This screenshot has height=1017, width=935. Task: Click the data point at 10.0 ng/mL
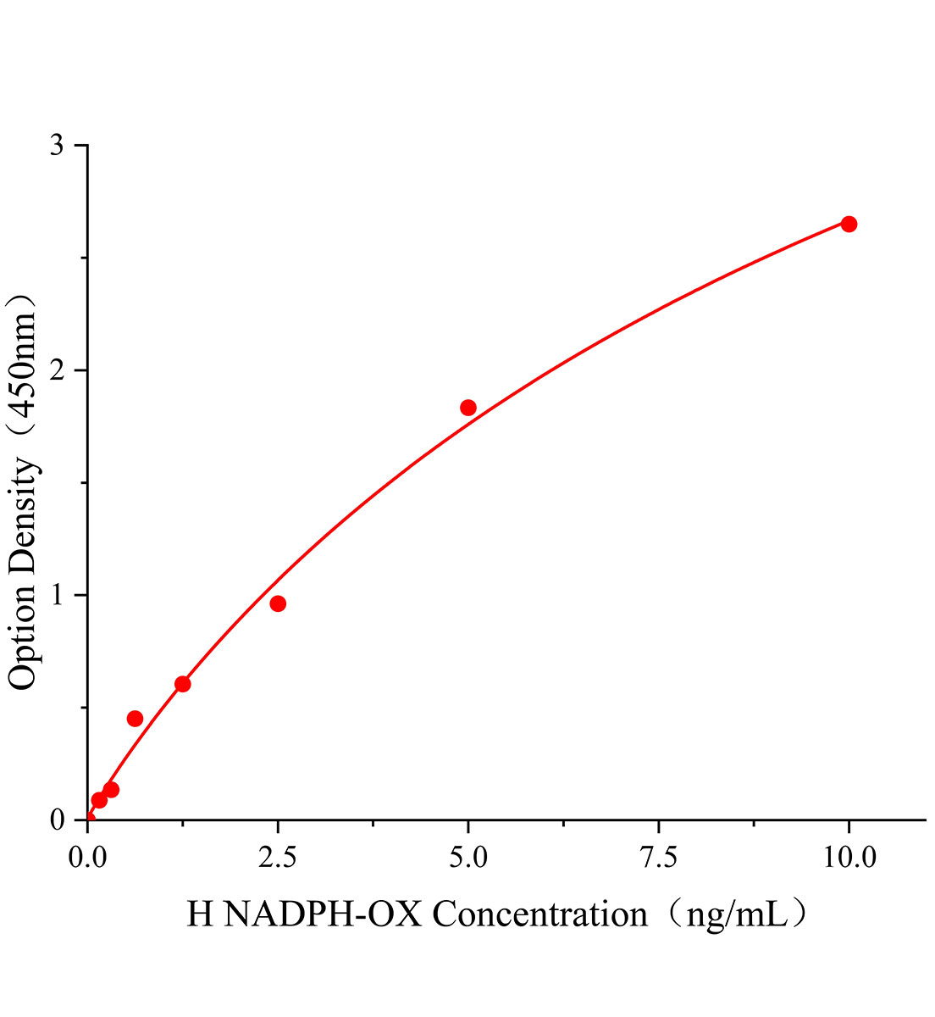pyautogui.click(x=849, y=224)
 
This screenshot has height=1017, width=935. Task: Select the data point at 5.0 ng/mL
pyautogui.click(x=468, y=408)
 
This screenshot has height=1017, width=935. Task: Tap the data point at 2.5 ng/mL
pyautogui.click(x=278, y=603)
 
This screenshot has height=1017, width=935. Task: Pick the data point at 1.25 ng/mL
pyautogui.click(x=182, y=684)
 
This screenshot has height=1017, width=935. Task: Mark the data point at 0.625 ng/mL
pyautogui.click(x=135, y=719)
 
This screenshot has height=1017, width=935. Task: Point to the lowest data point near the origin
pyautogui.click(x=99, y=800)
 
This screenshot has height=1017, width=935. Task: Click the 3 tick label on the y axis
pyautogui.click(x=57, y=146)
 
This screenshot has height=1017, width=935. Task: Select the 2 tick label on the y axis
pyautogui.click(x=57, y=370)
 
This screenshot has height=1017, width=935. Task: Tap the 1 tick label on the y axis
pyautogui.click(x=57, y=595)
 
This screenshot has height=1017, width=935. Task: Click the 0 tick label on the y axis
pyautogui.click(x=57, y=820)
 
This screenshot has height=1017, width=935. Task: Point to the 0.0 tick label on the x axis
pyautogui.click(x=87, y=858)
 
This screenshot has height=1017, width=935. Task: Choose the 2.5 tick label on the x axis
pyautogui.click(x=278, y=858)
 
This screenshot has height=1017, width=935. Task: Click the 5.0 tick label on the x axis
pyautogui.click(x=468, y=858)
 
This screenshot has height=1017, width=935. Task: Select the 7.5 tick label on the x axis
pyautogui.click(x=659, y=858)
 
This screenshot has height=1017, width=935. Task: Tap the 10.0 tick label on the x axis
pyautogui.click(x=849, y=858)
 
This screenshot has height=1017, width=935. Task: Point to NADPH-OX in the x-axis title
pyautogui.click(x=322, y=914)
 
